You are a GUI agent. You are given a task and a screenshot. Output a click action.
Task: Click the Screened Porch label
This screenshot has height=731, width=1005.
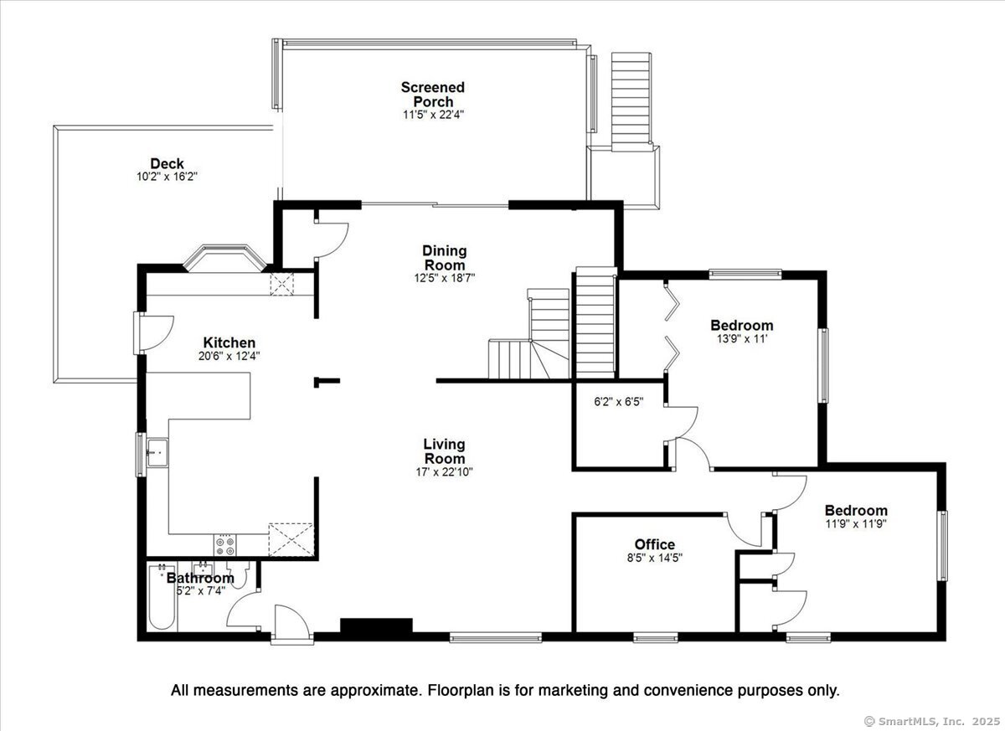(432, 94)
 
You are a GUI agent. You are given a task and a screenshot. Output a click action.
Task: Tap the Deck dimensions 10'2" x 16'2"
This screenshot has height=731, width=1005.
(167, 177)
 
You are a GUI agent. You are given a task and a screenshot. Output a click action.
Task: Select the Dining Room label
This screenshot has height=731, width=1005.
(445, 257)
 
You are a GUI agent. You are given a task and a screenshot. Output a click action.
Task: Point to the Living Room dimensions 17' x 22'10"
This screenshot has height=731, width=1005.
(444, 471)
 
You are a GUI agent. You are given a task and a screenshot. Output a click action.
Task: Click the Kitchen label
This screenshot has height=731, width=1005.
(229, 342)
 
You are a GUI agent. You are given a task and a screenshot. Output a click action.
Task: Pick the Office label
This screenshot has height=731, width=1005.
(655, 544)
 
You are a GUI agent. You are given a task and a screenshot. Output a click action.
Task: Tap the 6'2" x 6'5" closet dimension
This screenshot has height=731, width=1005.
(619, 402)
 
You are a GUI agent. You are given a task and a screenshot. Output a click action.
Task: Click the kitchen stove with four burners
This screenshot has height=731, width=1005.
(224, 545)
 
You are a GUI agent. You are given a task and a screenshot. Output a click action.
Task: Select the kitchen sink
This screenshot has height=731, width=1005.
(157, 453)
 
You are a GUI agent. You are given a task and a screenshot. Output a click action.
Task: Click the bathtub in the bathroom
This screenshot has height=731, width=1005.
(162, 597)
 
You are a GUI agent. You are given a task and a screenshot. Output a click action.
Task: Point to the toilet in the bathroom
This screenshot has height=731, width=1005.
(237, 575)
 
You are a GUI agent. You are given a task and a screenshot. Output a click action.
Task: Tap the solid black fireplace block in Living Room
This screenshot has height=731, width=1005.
(376, 625)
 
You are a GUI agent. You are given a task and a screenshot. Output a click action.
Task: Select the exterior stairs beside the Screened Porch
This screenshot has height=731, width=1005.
(631, 101)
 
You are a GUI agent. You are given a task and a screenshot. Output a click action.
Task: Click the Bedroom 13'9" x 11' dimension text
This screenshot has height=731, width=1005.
(742, 339)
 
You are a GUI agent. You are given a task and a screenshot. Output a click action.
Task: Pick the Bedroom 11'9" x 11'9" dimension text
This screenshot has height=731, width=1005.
(856, 524)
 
